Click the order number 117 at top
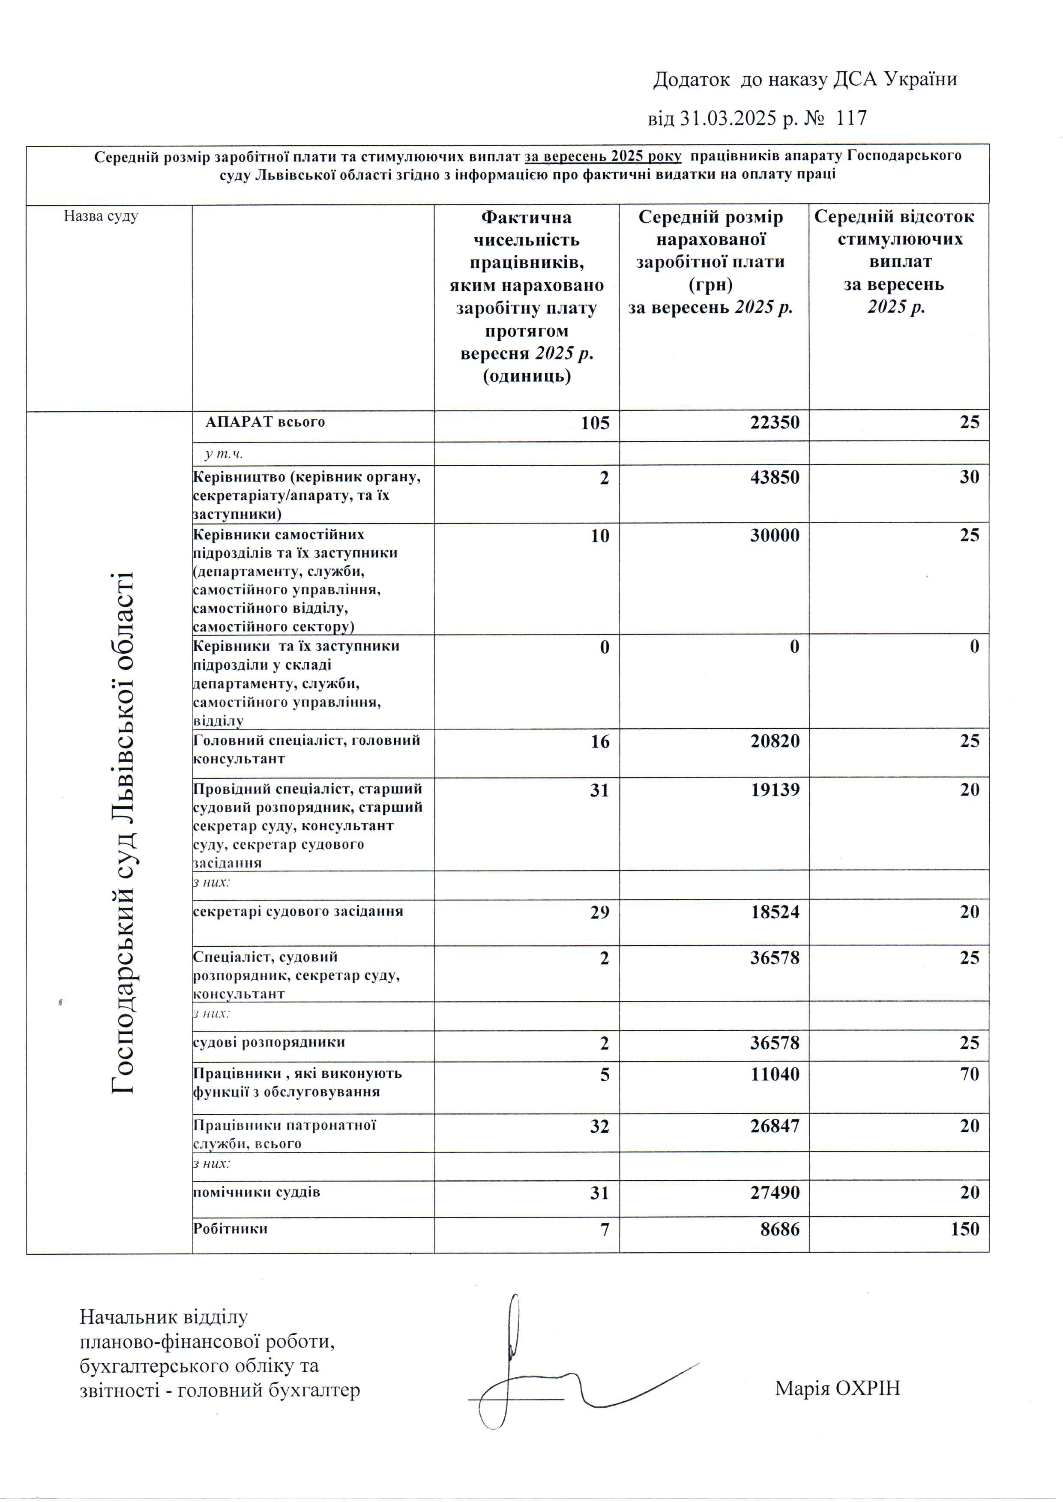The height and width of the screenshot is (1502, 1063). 851,119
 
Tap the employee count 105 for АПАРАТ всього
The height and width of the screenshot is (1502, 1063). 595,423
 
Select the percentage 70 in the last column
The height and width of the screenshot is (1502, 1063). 970,1074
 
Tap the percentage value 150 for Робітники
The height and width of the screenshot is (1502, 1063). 965,1229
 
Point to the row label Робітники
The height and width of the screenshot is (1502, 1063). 231,1228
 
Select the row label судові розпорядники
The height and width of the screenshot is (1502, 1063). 269,1042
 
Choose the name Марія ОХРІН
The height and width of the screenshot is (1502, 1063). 837,1388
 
